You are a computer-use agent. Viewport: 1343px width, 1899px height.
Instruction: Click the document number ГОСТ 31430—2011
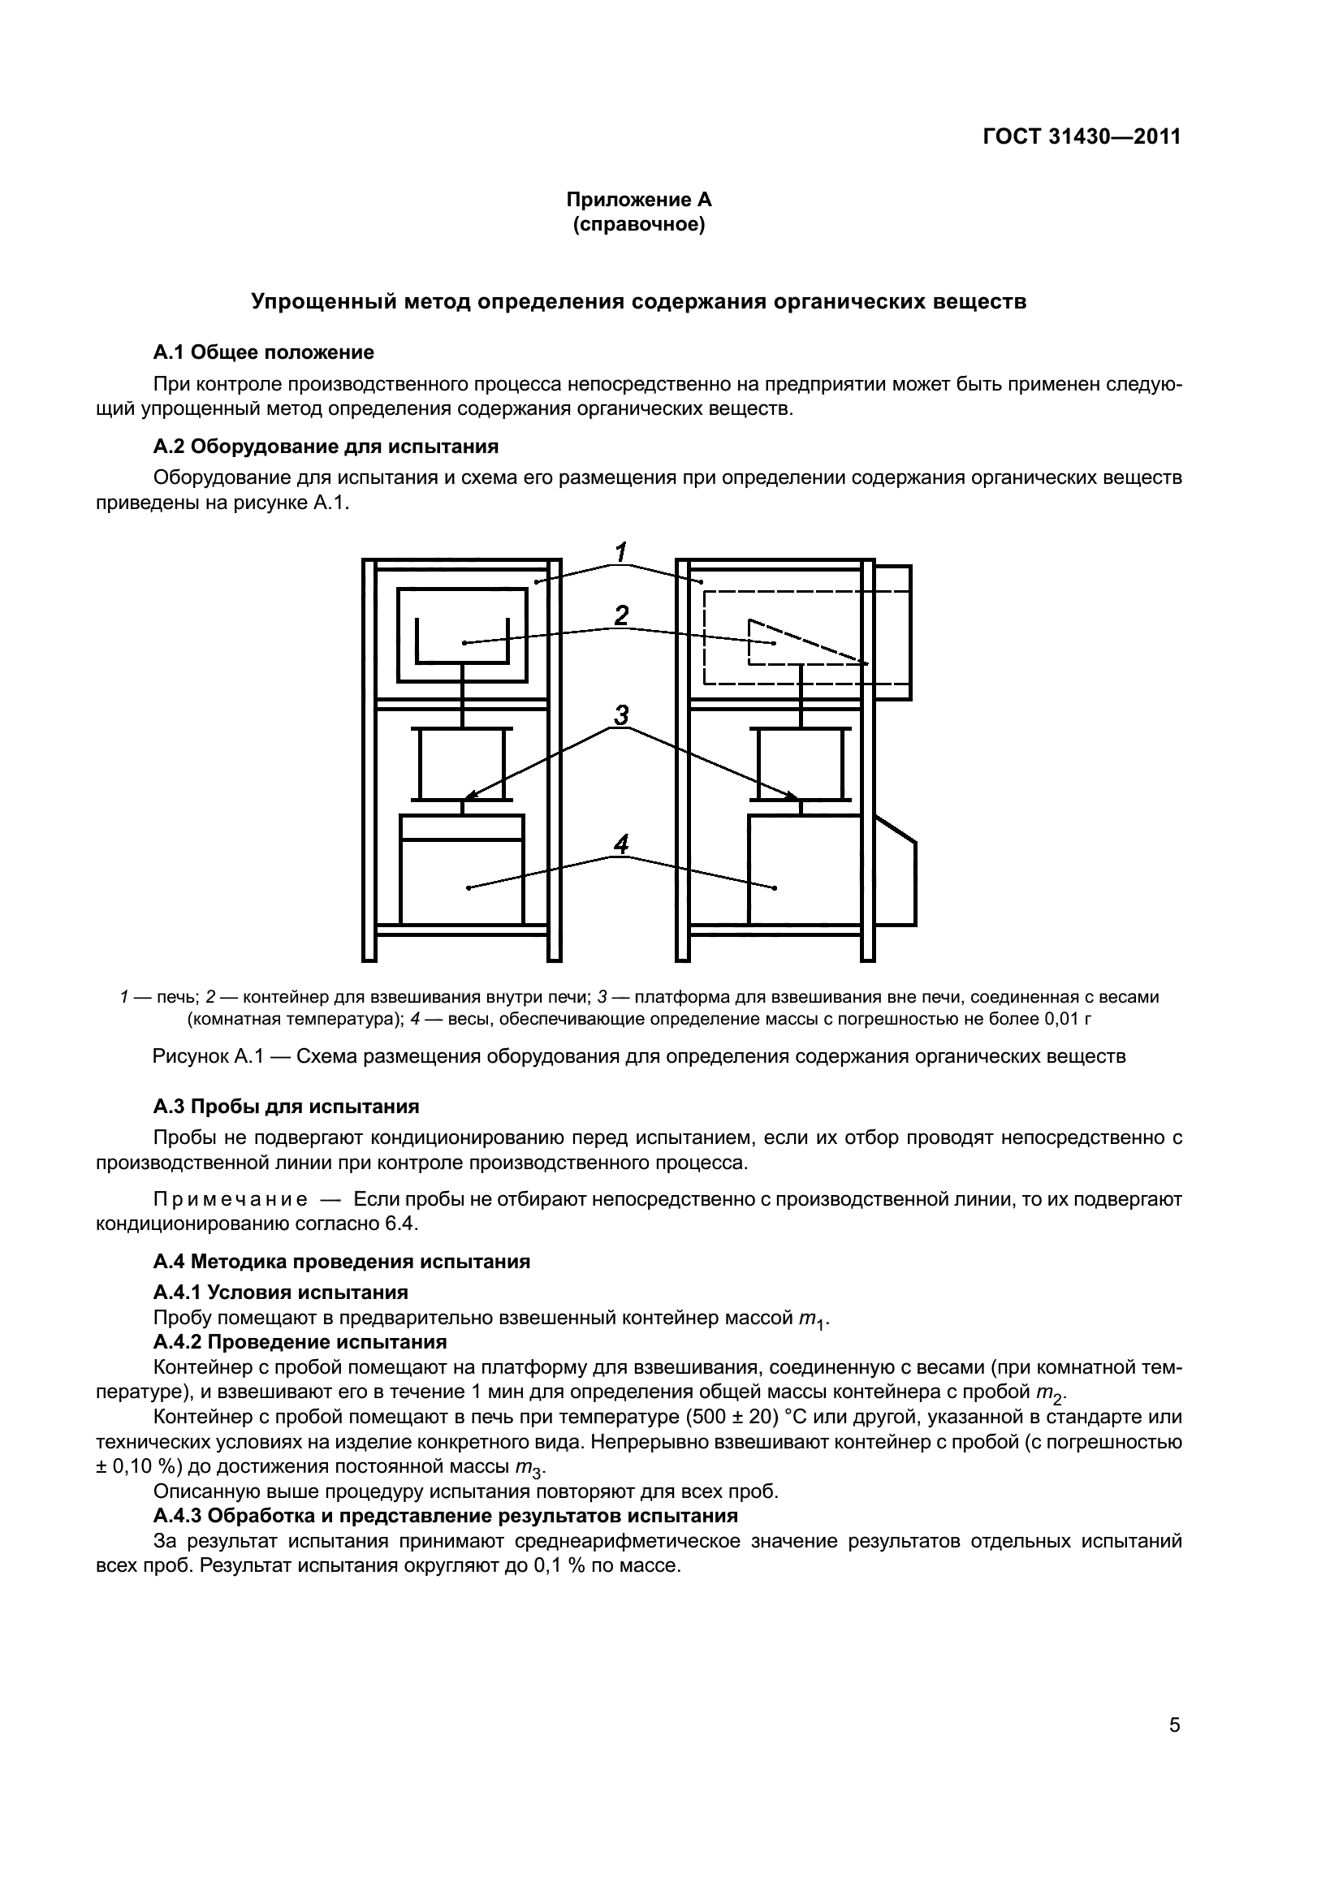pyautogui.click(x=1081, y=136)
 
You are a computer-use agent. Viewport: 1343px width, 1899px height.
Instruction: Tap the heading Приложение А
pyautogui.click(x=638, y=200)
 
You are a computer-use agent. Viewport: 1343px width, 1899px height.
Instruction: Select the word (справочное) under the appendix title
pyautogui.click(x=638, y=224)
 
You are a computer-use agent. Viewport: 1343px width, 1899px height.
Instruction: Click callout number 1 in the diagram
pyautogui.click(x=621, y=550)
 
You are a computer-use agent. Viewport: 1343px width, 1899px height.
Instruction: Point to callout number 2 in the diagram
pyautogui.click(x=621, y=615)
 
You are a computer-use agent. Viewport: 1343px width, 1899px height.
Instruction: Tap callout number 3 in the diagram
pyautogui.click(x=621, y=714)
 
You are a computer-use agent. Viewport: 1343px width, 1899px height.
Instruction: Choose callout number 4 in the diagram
pyautogui.click(x=621, y=844)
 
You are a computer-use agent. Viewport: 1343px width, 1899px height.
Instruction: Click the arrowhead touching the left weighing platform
pyautogui.click(x=468, y=796)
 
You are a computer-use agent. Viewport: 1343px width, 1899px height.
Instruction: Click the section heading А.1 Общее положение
pyautogui.click(x=263, y=352)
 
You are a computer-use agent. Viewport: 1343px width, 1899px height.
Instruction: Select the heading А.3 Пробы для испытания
pyautogui.click(x=286, y=1107)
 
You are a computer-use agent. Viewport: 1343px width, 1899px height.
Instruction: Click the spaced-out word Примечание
pyautogui.click(x=231, y=1200)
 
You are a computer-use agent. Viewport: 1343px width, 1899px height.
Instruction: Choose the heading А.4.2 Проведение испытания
pyautogui.click(x=300, y=1341)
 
